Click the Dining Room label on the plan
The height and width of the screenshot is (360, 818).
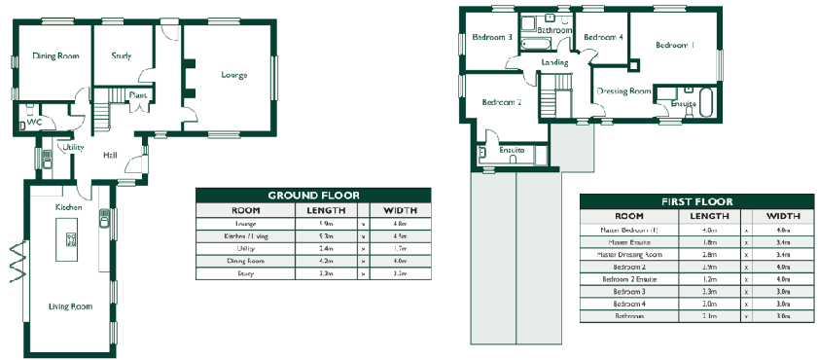coord(55,56)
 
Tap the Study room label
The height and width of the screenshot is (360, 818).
coord(122,55)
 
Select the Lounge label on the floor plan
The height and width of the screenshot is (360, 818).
coord(233,75)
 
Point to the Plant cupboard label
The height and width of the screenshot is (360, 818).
coord(138,95)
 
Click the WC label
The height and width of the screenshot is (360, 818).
coord(34,123)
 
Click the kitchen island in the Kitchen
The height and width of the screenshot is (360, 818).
coord(70,238)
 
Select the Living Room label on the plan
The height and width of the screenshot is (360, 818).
coord(70,306)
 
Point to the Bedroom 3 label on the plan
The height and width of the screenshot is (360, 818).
coord(492,38)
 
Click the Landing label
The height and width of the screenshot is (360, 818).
coord(554,63)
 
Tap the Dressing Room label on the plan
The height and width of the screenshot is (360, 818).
coord(623,90)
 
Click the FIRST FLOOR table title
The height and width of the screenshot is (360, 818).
coord(696,201)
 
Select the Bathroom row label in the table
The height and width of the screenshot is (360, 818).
coord(630,316)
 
